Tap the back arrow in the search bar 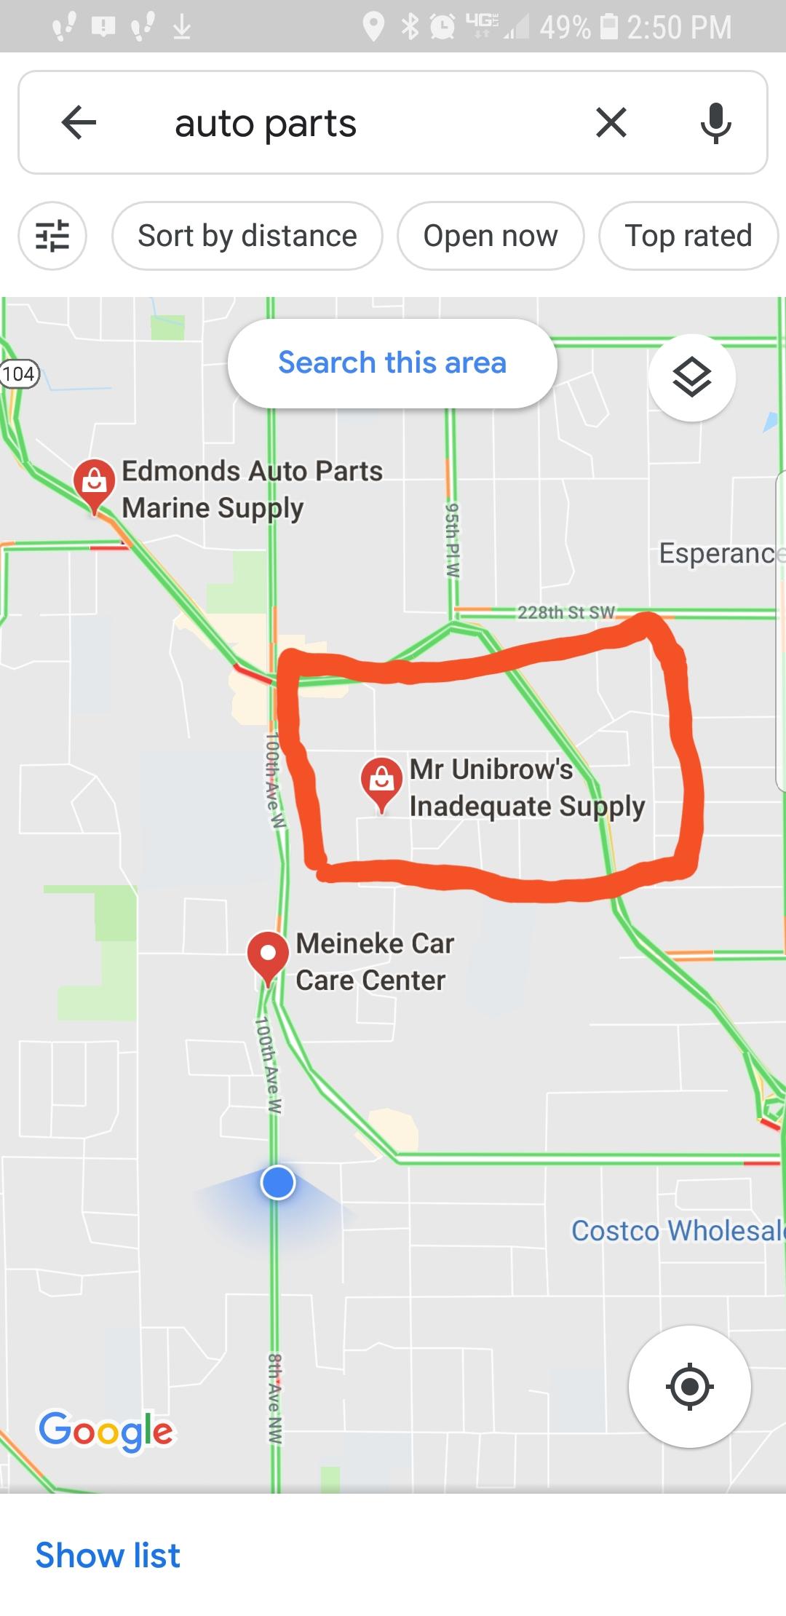click(79, 122)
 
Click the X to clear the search click(611, 122)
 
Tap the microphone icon click(715, 122)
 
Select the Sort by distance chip click(247, 236)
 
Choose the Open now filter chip click(491, 236)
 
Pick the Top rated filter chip click(688, 236)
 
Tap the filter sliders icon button click(52, 236)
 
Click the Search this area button click(392, 363)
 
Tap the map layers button click(691, 377)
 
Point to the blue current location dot click(277, 1182)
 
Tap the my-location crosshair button click(689, 1386)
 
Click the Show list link click(108, 1555)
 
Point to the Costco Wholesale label click(677, 1230)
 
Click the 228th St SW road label click(566, 612)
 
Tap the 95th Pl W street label click(452, 539)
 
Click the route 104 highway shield click(18, 374)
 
